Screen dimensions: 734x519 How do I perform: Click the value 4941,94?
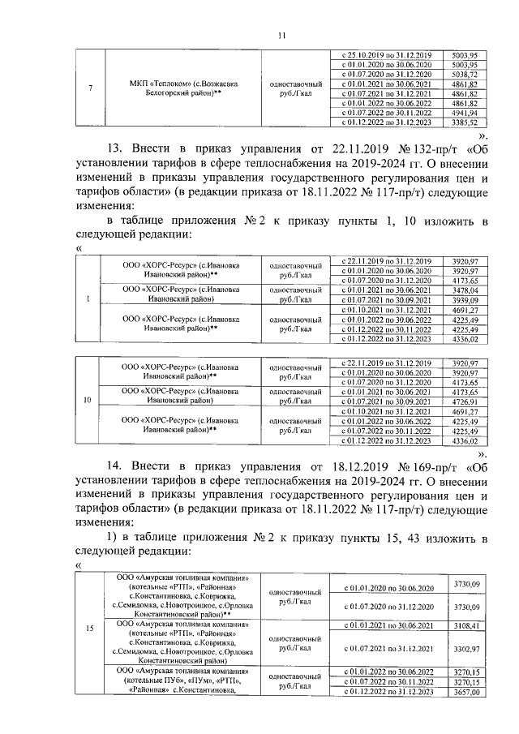point(469,114)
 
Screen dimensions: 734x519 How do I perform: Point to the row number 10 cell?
point(87,401)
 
